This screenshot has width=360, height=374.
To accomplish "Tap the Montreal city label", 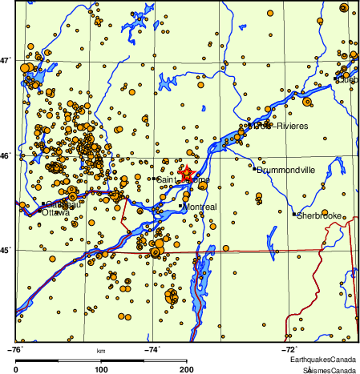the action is (200, 207).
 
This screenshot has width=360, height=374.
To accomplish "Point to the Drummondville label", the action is (286, 170).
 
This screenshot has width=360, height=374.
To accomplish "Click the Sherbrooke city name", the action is (320, 215).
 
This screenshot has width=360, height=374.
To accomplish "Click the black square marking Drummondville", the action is (254, 168).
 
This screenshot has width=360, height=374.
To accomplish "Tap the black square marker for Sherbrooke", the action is (294, 214).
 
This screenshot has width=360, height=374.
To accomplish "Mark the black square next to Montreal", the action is (180, 206).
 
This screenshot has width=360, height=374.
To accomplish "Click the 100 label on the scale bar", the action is (101, 369).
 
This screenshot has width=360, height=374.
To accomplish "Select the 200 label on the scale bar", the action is (186, 369).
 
